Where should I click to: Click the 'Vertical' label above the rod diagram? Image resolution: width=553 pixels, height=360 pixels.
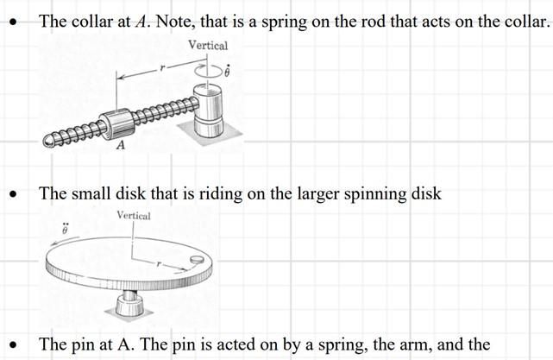[208, 45]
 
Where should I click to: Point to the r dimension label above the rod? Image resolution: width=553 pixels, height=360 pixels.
[160, 66]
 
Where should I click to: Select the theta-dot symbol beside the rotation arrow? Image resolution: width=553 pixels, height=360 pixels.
[228, 71]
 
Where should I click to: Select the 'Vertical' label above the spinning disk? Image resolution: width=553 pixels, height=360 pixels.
[132, 216]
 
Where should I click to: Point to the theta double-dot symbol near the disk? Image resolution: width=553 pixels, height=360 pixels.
[63, 232]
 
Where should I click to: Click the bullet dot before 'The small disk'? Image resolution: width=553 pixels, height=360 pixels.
[13, 196]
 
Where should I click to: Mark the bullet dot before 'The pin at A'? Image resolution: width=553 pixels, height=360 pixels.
[13, 346]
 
